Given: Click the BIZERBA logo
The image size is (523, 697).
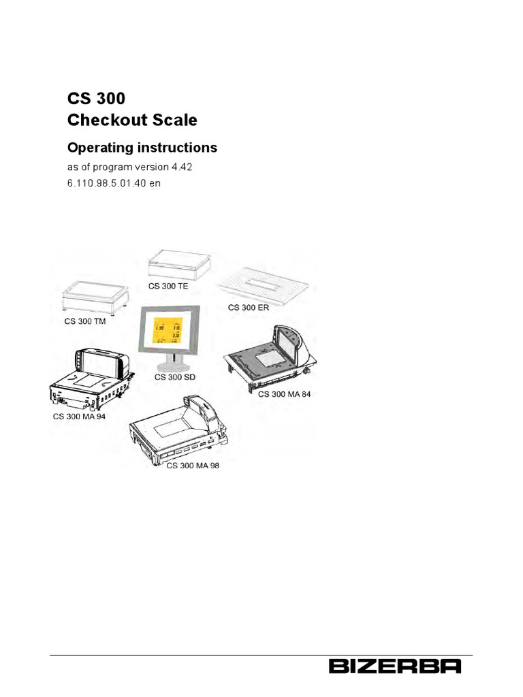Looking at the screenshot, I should coord(395,666).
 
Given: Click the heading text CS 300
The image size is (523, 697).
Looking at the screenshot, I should coord(95,97).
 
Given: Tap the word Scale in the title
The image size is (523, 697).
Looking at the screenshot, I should coord(176,120).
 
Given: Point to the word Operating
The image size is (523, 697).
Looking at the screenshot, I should coord(99,147).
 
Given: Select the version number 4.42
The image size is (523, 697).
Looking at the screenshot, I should coord(172,167).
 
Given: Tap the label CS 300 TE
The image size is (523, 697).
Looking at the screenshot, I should coord(168,286).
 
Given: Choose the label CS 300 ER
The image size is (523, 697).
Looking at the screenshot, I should coord(248,308).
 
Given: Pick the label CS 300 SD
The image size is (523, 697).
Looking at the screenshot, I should coord(175,376).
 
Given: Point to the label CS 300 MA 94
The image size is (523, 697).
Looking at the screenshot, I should coord(80,415).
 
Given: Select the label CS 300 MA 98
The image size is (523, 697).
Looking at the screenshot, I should coord(193,466).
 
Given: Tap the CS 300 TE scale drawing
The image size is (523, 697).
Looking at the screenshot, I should coord(179,264).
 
